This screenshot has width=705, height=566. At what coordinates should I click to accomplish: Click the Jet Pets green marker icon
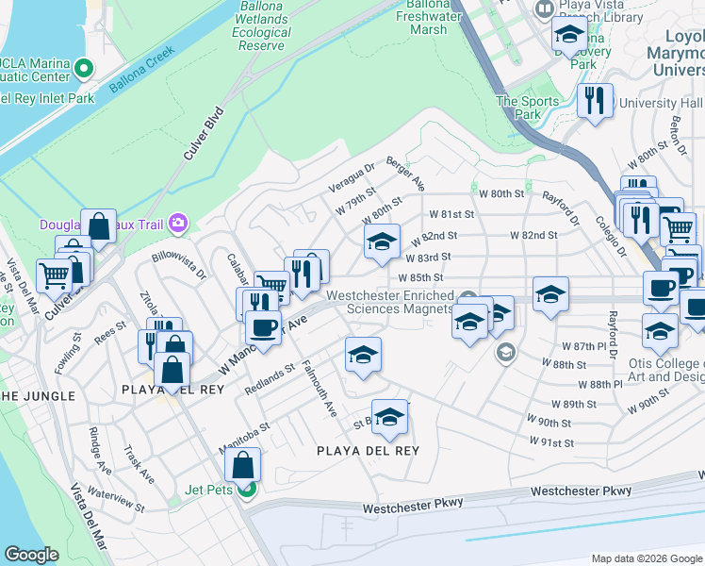[x=245, y=489]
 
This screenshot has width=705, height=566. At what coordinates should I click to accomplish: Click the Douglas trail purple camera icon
[x=178, y=225]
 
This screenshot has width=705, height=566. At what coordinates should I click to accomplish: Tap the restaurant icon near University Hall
[x=595, y=101]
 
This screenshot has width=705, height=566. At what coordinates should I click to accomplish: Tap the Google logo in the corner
[x=31, y=555]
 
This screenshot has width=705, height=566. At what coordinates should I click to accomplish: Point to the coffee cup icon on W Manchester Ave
[x=263, y=327]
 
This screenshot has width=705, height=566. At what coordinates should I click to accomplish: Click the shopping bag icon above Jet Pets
[x=243, y=464]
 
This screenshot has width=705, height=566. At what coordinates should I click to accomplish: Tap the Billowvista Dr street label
[x=179, y=266]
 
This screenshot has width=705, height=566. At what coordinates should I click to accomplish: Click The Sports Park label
[x=519, y=108]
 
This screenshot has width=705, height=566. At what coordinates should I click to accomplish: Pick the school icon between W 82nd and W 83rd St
[x=382, y=242]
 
